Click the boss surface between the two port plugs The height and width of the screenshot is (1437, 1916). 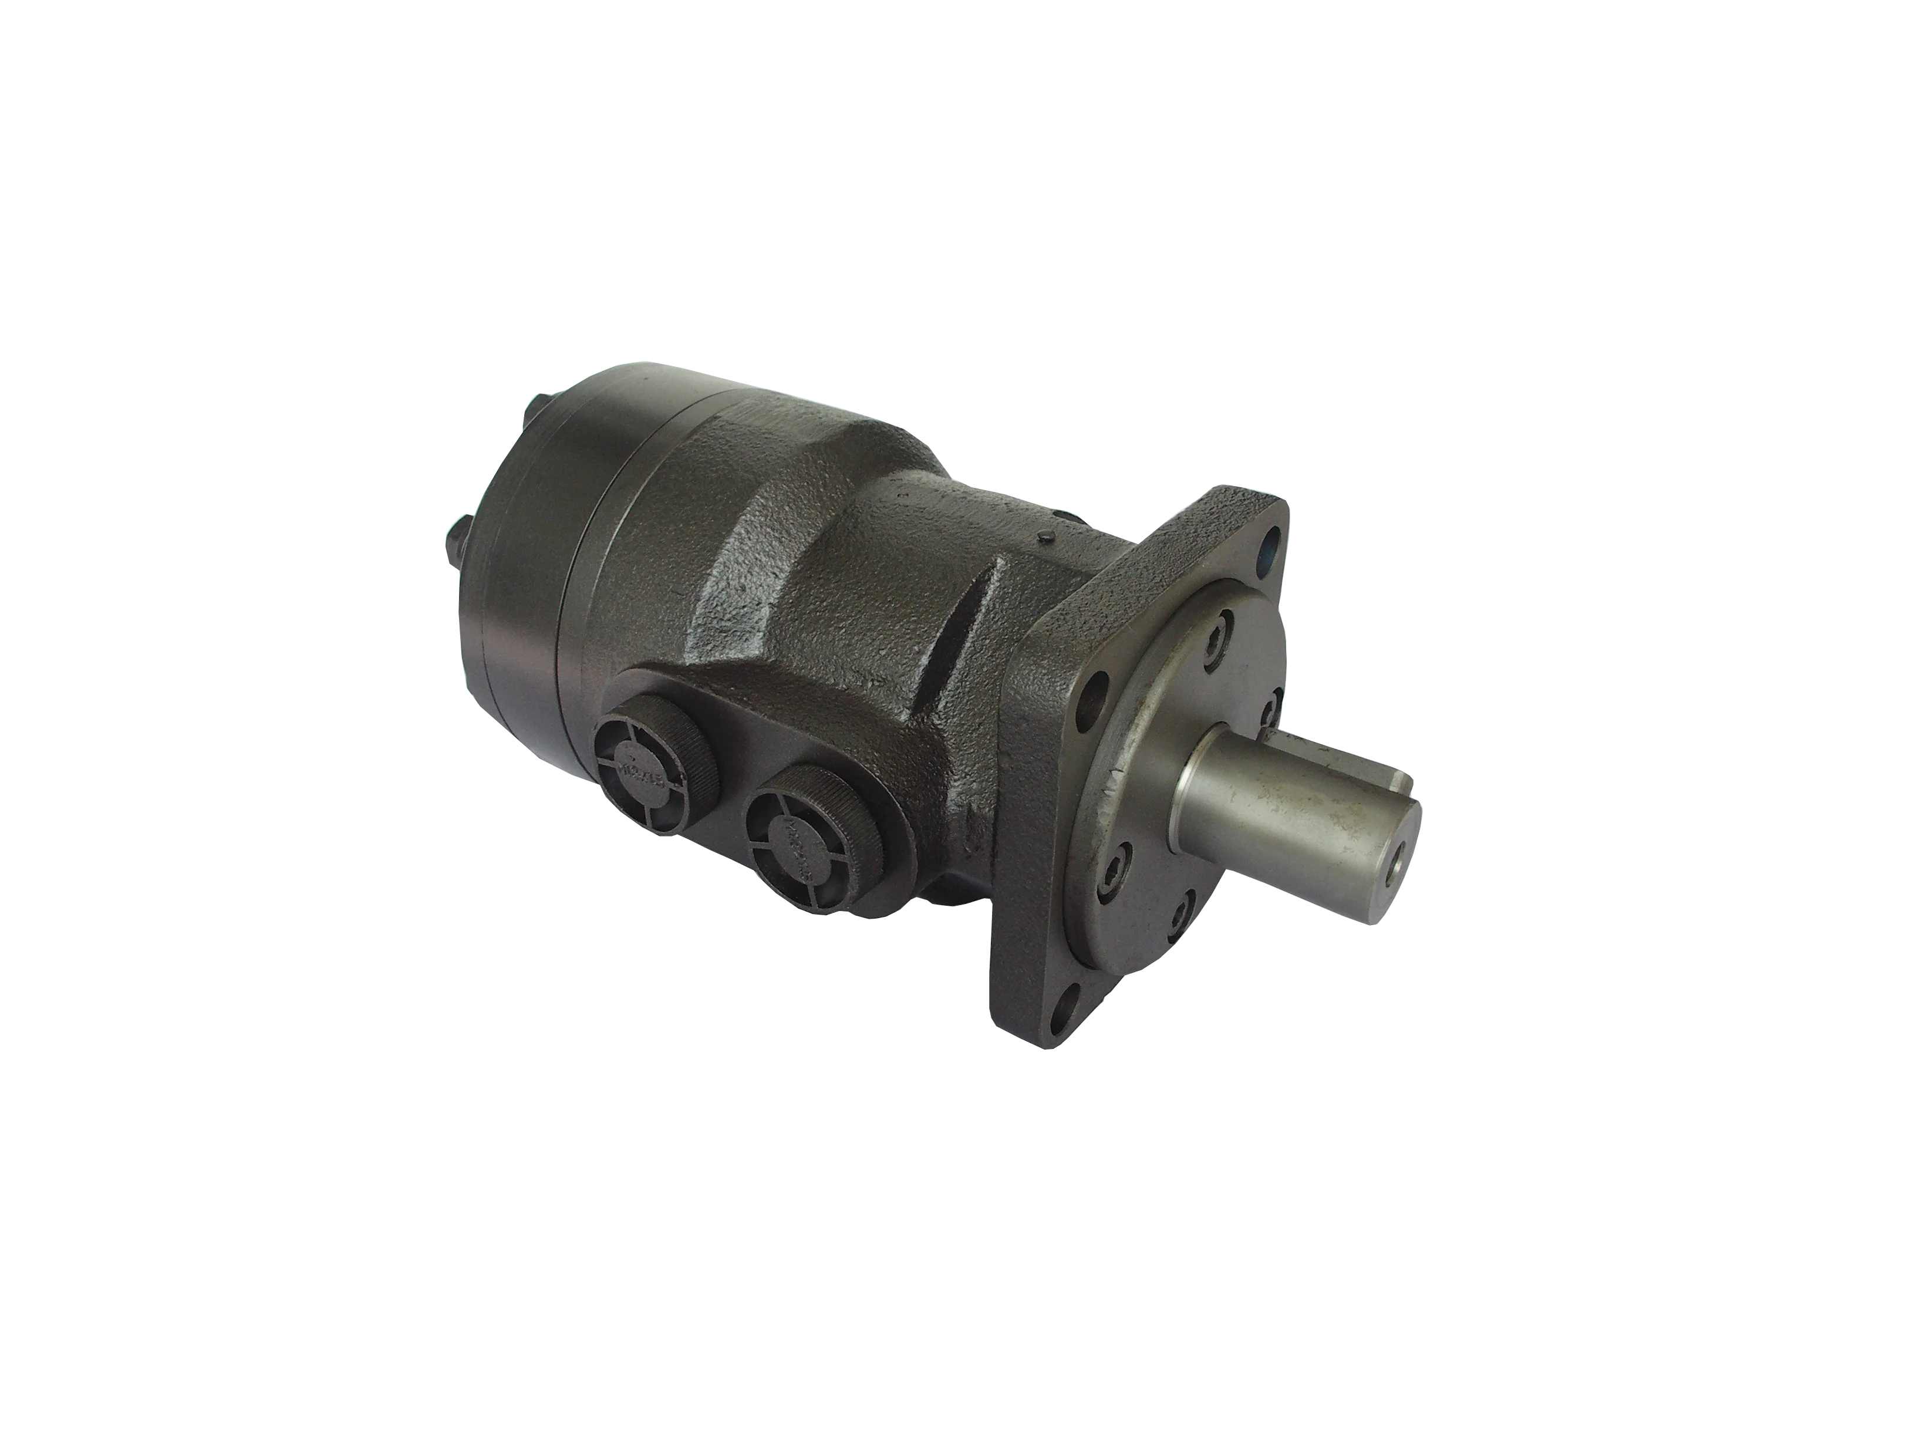(736, 736)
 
